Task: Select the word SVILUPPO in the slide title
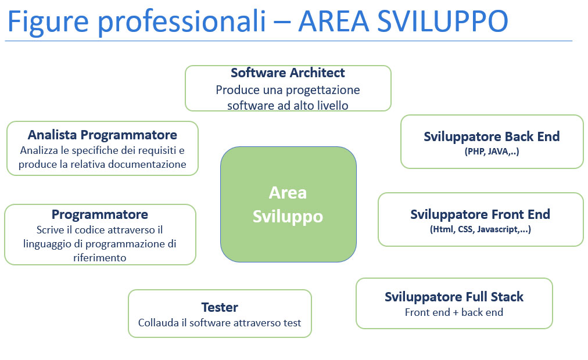(x=443, y=21)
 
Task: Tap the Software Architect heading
(x=288, y=73)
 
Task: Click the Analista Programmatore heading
(x=102, y=135)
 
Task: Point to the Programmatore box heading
(x=100, y=215)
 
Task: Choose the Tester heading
(x=220, y=307)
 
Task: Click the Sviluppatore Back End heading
(x=492, y=136)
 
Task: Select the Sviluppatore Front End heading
(x=480, y=215)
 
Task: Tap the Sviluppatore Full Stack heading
(x=454, y=297)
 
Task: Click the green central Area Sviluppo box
(x=288, y=204)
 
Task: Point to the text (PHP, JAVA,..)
(x=492, y=152)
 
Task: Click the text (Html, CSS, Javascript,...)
(x=481, y=229)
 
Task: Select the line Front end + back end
(x=454, y=312)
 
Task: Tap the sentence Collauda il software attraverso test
(x=220, y=323)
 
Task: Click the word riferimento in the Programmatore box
(x=100, y=258)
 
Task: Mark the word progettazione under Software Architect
(x=324, y=91)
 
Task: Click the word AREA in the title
(x=334, y=21)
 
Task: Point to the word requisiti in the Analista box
(x=157, y=150)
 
